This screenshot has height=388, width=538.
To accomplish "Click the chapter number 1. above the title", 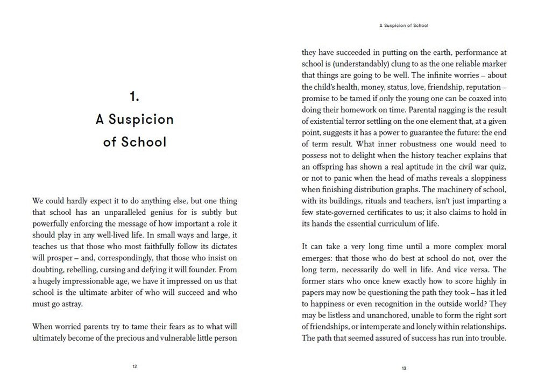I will tap(134, 96).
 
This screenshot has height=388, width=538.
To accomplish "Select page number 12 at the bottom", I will tap(134, 366).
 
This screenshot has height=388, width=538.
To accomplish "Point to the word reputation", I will tap(484, 87).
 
